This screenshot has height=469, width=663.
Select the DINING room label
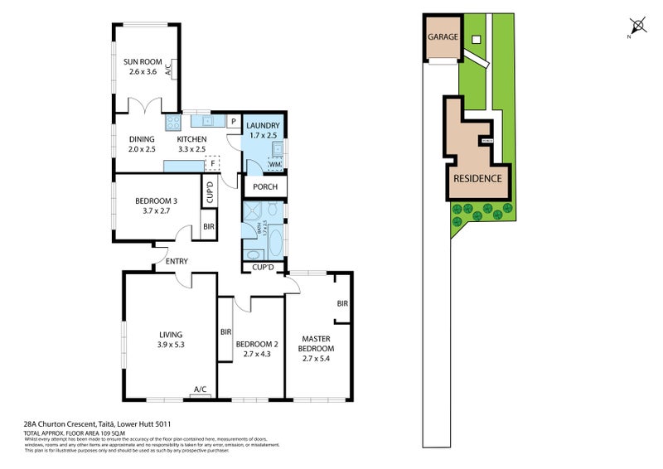coord(142,139)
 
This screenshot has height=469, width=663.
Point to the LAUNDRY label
coord(264,126)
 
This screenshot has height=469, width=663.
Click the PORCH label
coord(264,187)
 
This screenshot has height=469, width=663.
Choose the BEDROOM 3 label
coord(157,201)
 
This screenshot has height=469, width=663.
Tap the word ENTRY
coord(177,262)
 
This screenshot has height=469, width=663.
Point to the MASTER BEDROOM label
coord(316,344)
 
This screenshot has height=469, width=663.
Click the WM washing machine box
coord(274,165)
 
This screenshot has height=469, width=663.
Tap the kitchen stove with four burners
coord(174,123)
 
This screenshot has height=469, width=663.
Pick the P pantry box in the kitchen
coord(233,123)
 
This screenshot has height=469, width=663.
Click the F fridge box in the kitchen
coord(213,163)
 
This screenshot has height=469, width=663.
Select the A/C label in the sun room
coord(168,70)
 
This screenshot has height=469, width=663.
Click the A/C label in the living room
coord(200,389)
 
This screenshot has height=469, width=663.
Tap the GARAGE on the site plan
coord(442,38)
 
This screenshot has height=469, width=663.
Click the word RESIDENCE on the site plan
coord(477,178)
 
